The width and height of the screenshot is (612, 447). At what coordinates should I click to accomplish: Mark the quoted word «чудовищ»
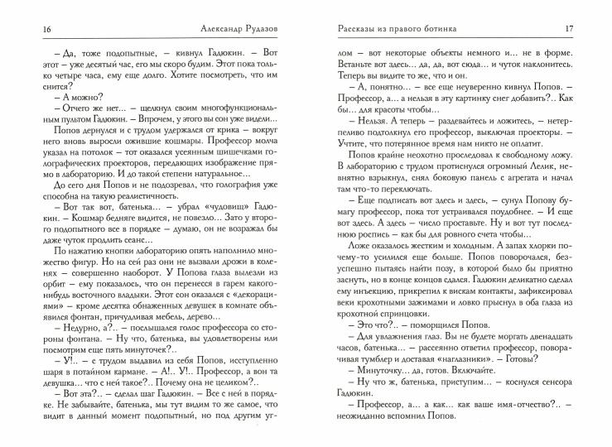tap(181, 248)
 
